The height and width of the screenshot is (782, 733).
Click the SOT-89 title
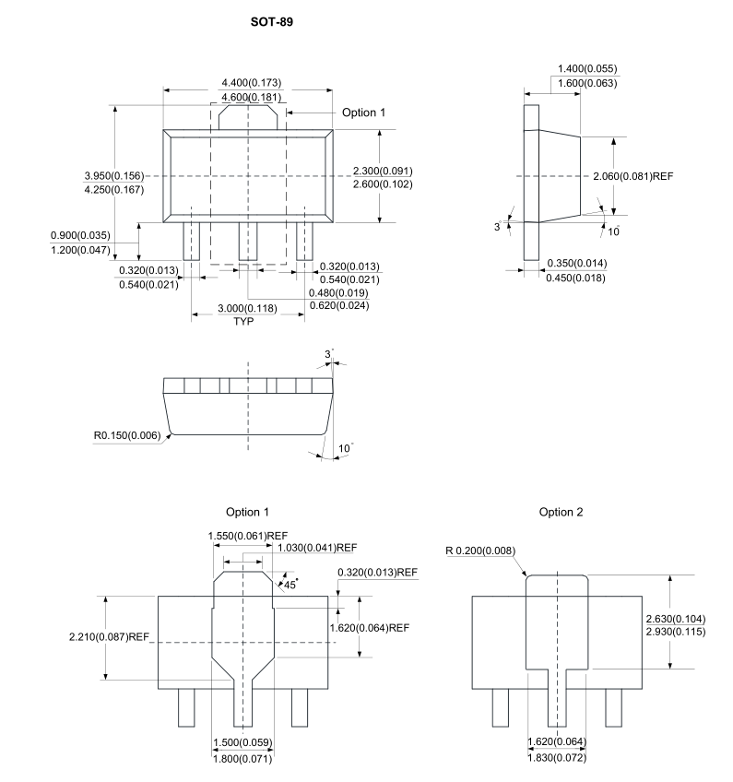[x=272, y=22]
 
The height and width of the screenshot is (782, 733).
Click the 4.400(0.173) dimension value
[x=252, y=82]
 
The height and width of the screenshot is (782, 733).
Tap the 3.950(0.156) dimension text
[x=114, y=175]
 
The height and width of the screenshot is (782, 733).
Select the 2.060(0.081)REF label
[x=633, y=176]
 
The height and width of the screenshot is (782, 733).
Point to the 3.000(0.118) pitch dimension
[x=247, y=308]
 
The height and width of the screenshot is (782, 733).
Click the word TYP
[x=243, y=321]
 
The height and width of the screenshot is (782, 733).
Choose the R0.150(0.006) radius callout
[x=127, y=435]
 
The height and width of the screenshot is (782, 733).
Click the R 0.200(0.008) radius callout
[x=480, y=551]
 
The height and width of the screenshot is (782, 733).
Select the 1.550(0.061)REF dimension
[x=248, y=536]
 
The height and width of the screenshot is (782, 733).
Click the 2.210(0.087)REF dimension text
[x=109, y=637]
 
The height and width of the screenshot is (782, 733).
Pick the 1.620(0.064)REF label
[x=370, y=628]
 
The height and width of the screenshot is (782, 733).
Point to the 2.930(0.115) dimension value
[x=676, y=632]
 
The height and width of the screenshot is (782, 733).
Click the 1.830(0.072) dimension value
[x=557, y=758]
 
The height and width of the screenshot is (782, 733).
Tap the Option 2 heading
[x=561, y=512]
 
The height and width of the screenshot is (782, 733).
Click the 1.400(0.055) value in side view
[x=587, y=68]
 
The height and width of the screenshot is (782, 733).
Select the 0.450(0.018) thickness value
[x=575, y=278]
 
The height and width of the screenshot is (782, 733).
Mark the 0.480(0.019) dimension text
[x=338, y=292]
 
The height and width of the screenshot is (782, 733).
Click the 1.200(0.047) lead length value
[x=80, y=250]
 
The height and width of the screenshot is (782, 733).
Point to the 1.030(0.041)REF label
[x=317, y=548]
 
